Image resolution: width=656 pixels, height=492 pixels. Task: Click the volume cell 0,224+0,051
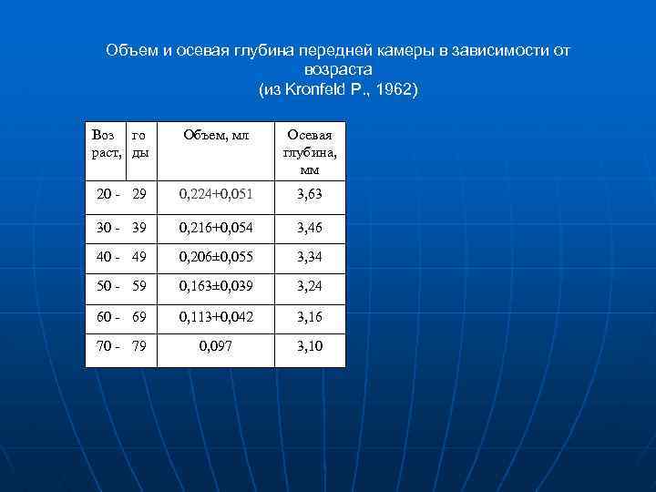click(x=216, y=194)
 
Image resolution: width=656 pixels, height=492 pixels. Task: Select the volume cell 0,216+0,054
click(x=216, y=227)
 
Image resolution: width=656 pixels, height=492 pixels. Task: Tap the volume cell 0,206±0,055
click(x=216, y=259)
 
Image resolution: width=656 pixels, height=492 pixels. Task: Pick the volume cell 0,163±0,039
click(x=216, y=287)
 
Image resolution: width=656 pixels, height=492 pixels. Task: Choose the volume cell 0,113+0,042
click(x=216, y=318)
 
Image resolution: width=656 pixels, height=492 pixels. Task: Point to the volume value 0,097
click(x=216, y=347)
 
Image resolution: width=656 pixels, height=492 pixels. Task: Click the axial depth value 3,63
click(x=309, y=194)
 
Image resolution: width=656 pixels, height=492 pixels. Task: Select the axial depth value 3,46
click(x=309, y=227)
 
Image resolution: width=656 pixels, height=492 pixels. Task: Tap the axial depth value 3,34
click(x=309, y=259)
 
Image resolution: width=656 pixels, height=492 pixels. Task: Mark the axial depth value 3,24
click(x=309, y=287)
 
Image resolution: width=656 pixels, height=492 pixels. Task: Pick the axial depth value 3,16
click(x=309, y=318)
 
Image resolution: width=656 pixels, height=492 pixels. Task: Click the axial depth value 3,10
click(x=309, y=347)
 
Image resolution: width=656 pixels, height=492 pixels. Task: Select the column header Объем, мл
click(x=216, y=135)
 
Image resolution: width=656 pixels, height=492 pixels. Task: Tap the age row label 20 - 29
click(x=121, y=194)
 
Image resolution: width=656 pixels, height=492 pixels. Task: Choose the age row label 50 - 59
click(x=121, y=287)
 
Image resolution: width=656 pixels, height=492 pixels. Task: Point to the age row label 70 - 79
click(x=121, y=347)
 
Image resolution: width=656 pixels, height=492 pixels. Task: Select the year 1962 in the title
click(x=391, y=89)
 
